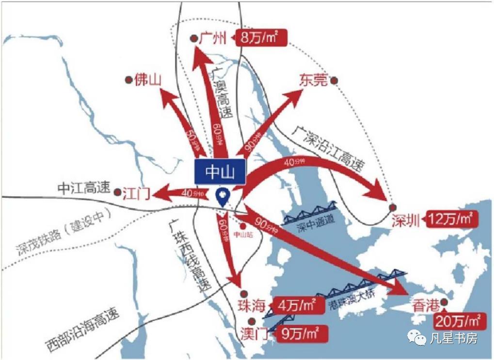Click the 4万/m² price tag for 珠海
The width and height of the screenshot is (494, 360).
(x=296, y=306)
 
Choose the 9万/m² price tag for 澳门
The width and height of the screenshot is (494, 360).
(x=300, y=333)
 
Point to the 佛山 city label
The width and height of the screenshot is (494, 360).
(x=148, y=79)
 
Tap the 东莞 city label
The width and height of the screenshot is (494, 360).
(x=313, y=80)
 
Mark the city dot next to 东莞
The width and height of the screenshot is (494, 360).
(x=334, y=81)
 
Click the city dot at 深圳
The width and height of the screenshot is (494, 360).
(x=393, y=207)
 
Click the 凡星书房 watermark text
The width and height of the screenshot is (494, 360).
(x=453, y=338)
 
